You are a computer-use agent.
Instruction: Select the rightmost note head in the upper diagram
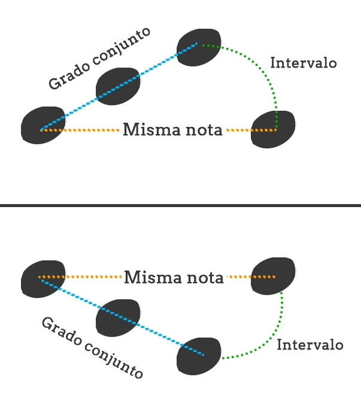point(272,129)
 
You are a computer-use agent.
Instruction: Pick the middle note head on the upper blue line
point(118,87)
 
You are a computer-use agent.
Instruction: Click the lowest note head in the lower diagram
point(199,356)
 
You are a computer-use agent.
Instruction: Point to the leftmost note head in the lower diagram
point(43,278)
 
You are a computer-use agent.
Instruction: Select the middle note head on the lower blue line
point(118,317)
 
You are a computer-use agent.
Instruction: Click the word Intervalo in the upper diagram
point(304,63)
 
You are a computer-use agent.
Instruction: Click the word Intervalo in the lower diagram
point(310,345)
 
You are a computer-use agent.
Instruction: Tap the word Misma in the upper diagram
point(148,129)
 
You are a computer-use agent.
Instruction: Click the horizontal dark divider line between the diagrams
point(180,205)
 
